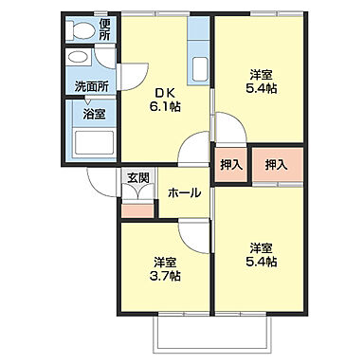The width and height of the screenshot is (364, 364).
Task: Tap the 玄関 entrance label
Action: pos(137,178)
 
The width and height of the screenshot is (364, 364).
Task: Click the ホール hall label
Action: pos(183,192)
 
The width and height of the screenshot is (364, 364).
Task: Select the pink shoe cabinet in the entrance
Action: pos(137,208)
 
